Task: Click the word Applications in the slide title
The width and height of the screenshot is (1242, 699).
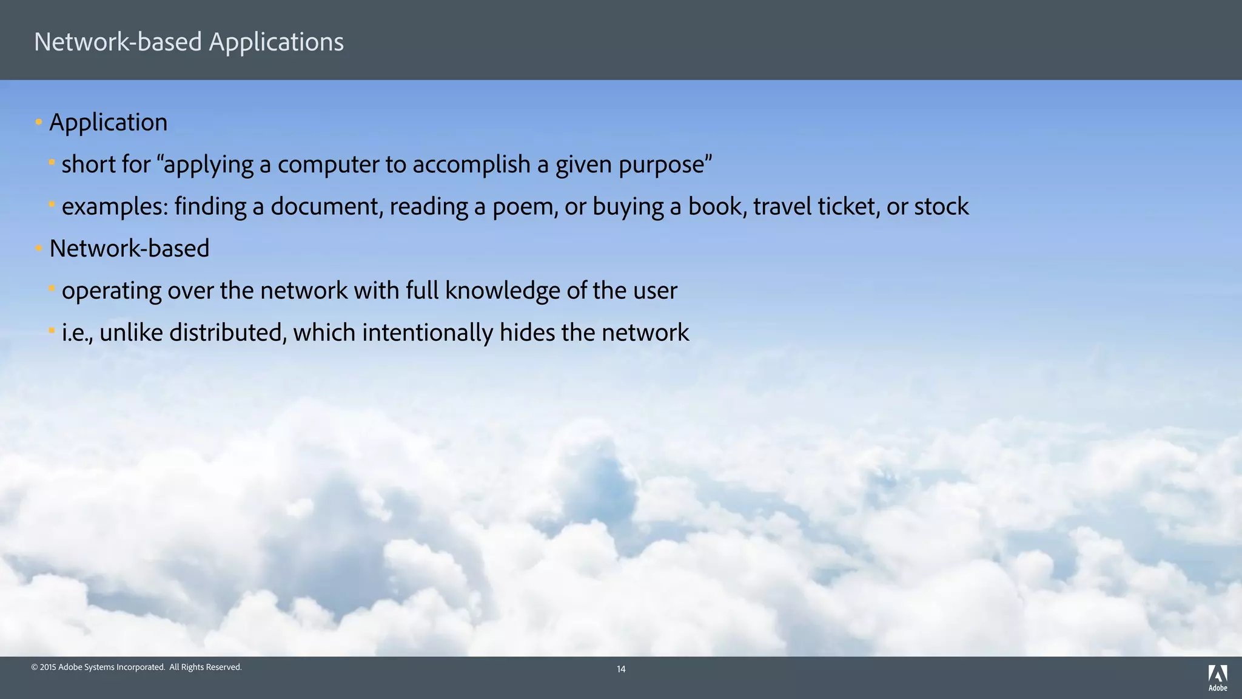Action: (x=276, y=42)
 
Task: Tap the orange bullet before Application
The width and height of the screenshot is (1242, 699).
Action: (x=39, y=123)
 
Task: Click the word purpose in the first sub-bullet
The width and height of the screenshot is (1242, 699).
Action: (x=662, y=165)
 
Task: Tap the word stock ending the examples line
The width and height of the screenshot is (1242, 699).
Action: (x=941, y=207)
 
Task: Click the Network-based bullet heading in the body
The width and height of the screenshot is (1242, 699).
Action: (x=129, y=249)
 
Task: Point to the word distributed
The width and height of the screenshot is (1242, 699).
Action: (x=227, y=333)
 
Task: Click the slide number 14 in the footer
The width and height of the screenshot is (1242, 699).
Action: (x=621, y=669)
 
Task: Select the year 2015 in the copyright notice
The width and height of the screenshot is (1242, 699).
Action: (x=48, y=667)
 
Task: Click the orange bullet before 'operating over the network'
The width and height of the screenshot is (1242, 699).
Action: (x=52, y=288)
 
